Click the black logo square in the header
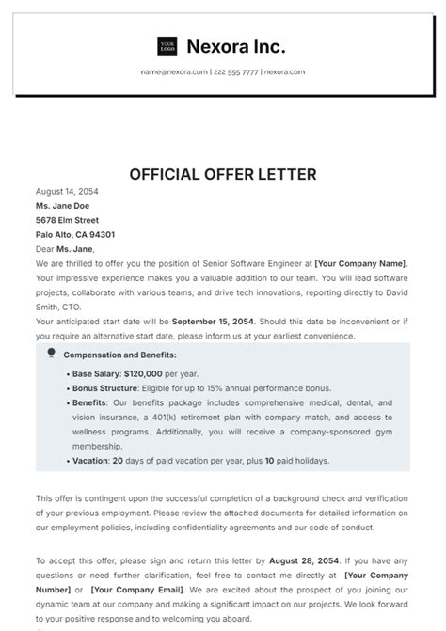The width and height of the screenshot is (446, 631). [x=167, y=46]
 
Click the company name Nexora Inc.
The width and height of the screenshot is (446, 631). [x=236, y=46]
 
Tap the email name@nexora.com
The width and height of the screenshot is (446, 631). [x=174, y=71]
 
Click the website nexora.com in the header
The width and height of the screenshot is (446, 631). [x=284, y=71]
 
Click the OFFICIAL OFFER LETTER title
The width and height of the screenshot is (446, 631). [x=222, y=174]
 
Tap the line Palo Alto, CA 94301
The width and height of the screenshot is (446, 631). [x=75, y=235]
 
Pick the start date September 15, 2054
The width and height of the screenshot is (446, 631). [x=213, y=322]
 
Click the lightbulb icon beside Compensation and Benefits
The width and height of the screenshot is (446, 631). [x=51, y=354]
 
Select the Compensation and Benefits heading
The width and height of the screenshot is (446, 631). [x=119, y=355]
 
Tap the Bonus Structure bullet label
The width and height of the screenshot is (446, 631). [x=104, y=387]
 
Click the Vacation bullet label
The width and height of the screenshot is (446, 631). [x=90, y=462]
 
